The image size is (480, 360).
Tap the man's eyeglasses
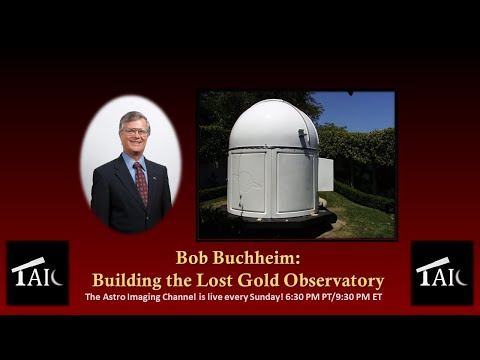[134, 131]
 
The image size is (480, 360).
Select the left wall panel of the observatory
[247, 184]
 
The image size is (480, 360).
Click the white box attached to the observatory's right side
[325, 174]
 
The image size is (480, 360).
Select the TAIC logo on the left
[38, 273]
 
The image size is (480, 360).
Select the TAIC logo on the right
[442, 273]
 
